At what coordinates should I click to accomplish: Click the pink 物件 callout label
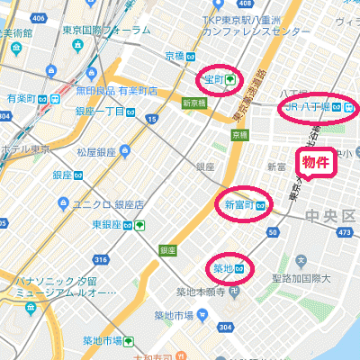[314, 162]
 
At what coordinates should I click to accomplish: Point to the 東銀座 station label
[112, 224]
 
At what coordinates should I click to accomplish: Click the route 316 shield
[100, 260]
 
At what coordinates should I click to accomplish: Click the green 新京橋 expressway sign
[194, 103]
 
